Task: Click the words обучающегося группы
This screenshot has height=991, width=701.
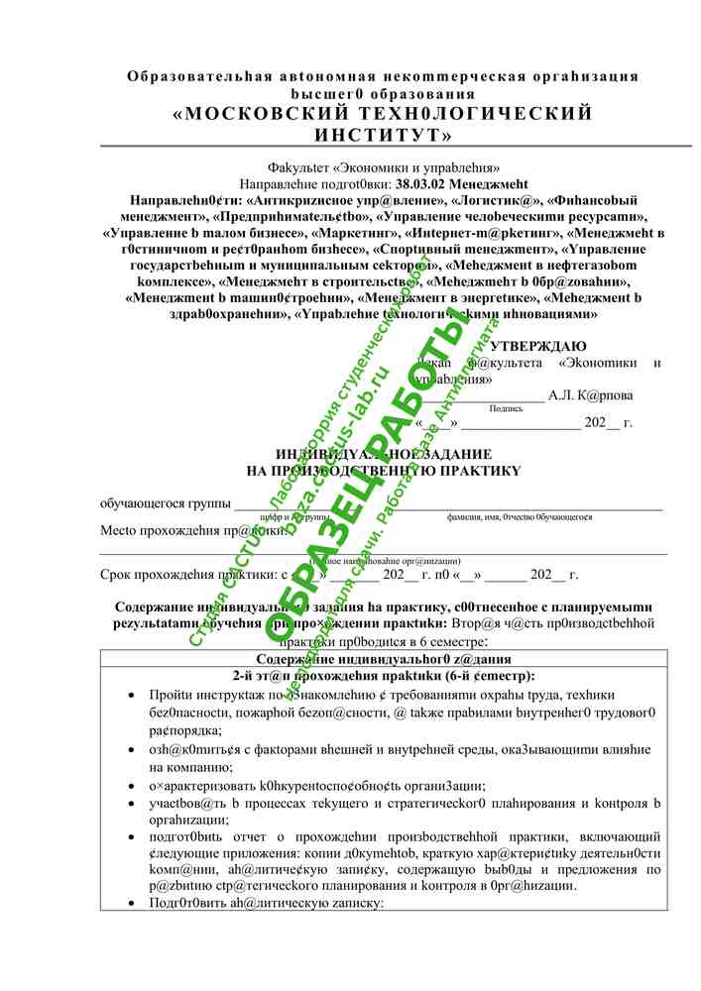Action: coord(160,503)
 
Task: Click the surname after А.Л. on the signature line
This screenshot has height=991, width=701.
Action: coord(605,395)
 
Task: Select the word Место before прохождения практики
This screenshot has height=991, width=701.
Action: coord(121,530)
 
